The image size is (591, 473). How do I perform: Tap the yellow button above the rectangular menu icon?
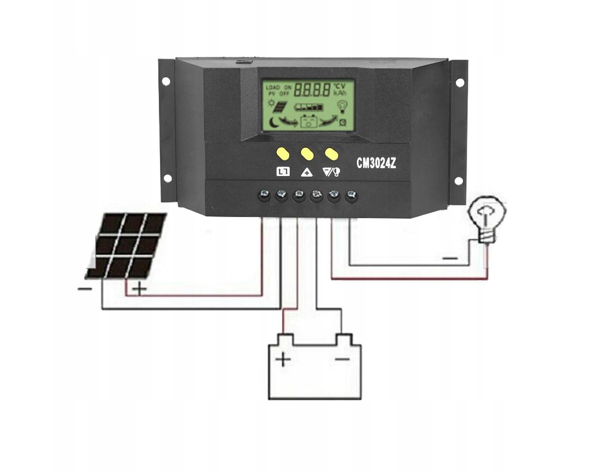point(283,154)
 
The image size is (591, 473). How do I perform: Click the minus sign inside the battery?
point(342,360)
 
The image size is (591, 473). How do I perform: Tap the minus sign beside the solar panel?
point(84,288)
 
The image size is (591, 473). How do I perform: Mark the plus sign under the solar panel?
point(140,289)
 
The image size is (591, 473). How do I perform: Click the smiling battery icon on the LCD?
point(309,121)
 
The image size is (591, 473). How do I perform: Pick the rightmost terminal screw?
point(351,195)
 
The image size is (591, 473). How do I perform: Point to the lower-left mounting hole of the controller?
point(167,178)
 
